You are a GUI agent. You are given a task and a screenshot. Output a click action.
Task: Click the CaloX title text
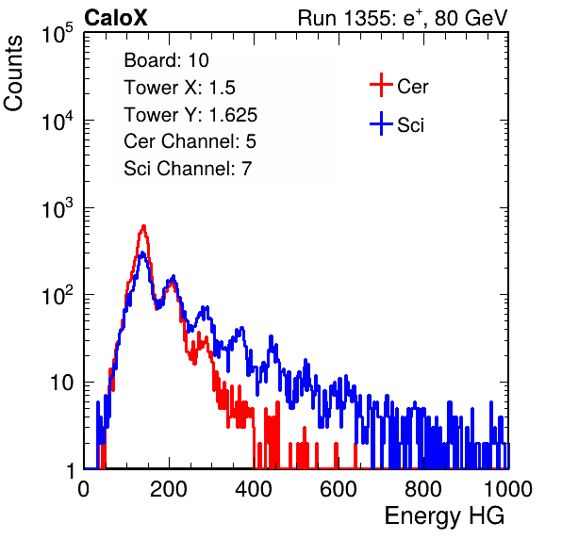(x=115, y=18)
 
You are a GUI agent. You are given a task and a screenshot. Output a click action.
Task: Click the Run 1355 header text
(x=403, y=18)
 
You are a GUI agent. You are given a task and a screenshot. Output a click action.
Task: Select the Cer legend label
(x=412, y=87)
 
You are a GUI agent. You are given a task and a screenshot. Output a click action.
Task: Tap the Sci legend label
(x=410, y=125)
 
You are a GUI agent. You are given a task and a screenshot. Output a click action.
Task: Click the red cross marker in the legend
(x=381, y=85)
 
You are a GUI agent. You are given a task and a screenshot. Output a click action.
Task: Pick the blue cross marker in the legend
(x=381, y=123)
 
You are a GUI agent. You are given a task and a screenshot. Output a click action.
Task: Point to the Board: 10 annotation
(x=166, y=59)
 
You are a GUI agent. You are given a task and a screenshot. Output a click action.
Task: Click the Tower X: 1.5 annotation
(x=179, y=87)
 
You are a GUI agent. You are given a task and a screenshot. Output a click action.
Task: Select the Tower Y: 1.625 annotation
(x=190, y=115)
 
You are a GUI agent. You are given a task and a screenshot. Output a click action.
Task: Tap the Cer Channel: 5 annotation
(x=190, y=141)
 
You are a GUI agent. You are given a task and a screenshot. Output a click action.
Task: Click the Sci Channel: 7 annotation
(x=188, y=169)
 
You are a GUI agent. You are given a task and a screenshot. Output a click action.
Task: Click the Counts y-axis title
(x=13, y=73)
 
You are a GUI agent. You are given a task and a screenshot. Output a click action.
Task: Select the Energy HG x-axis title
(x=444, y=515)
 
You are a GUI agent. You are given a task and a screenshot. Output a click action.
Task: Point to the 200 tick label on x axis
(x=169, y=489)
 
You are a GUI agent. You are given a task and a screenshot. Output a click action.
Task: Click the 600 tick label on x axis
(x=339, y=489)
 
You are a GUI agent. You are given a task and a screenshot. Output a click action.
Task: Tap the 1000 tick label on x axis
(x=508, y=489)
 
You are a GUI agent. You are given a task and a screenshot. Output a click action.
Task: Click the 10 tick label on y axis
(x=62, y=383)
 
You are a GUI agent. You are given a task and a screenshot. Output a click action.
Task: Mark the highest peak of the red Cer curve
(x=143, y=226)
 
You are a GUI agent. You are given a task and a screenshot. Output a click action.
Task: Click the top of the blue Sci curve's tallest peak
(x=142, y=253)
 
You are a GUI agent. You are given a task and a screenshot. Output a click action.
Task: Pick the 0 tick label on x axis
(x=84, y=489)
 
